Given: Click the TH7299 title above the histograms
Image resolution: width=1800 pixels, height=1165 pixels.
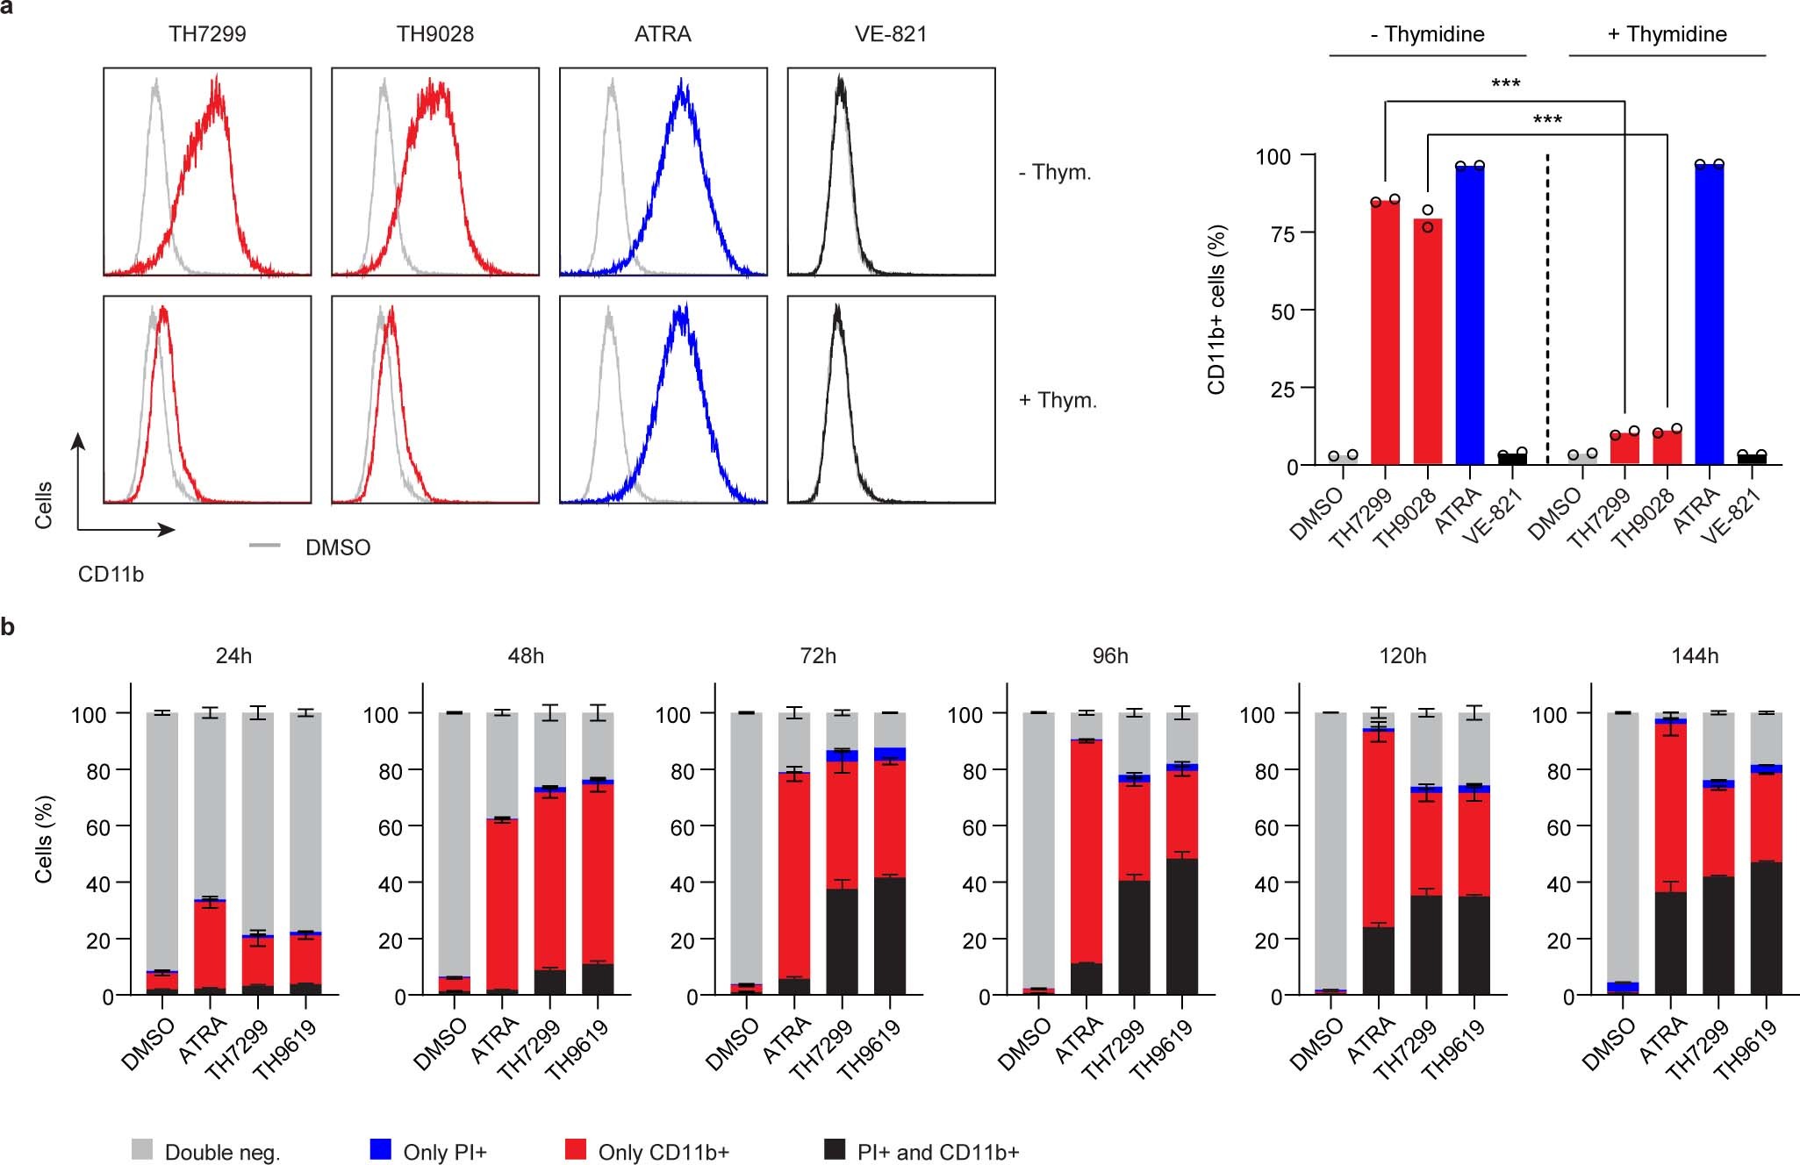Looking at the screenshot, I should coord(207,34).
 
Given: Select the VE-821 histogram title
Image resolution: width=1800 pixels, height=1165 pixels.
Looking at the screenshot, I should coord(890,34).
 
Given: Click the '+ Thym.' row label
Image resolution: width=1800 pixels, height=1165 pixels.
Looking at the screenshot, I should coord(1057,400).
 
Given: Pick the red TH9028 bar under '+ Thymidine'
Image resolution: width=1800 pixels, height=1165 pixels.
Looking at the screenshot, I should coord(1667,447).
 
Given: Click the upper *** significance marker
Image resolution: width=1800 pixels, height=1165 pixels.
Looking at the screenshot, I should coord(1505,84).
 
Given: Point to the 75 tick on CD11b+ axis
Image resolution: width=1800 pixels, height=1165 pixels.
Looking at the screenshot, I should coord(1282,233).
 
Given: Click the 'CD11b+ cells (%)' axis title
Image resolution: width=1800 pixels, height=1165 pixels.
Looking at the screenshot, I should coord(1216,310).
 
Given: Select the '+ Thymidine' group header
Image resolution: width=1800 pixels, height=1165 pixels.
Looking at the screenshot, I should coord(1666,34).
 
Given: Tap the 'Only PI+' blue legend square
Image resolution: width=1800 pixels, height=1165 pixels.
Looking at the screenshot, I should coord(380,1149).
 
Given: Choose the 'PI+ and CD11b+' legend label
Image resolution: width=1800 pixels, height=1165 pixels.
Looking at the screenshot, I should coord(937,1152).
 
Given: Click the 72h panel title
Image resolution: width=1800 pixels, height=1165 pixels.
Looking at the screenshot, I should coord(817,655).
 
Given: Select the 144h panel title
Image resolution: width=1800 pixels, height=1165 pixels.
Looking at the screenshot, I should coord(1694,655).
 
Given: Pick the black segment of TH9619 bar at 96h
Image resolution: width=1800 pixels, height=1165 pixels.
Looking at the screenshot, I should coord(1181,926).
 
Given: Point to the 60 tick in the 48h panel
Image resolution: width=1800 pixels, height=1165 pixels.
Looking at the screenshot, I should coord(391,827).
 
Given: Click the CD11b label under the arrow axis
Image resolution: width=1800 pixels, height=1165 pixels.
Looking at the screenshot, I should coord(111,575).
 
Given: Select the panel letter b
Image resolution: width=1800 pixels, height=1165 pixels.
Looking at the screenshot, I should coord(8,627).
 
